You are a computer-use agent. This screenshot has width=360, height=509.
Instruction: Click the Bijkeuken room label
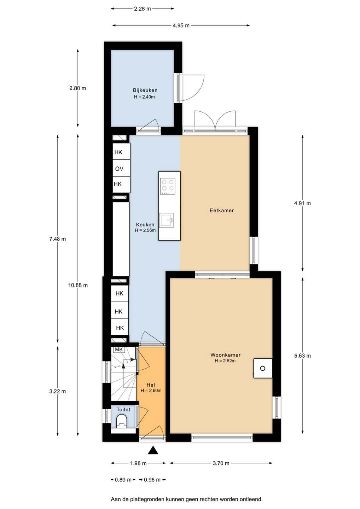click(145, 90)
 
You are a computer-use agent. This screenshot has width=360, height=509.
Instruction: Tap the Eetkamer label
click(222, 210)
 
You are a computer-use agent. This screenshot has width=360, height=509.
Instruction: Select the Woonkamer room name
click(225, 355)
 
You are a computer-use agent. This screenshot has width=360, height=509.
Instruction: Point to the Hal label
click(151, 385)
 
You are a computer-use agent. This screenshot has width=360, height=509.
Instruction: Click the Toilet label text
click(123, 409)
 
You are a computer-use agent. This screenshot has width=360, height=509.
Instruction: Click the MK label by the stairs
click(118, 350)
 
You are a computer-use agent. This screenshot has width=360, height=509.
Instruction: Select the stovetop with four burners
click(168, 186)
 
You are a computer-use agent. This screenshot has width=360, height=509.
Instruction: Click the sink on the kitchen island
click(166, 220)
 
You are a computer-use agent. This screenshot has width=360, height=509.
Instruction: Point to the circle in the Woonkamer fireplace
click(262, 368)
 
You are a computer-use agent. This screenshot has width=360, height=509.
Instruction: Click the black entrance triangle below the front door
click(153, 450)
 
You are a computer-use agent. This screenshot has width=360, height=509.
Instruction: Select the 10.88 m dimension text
click(78, 285)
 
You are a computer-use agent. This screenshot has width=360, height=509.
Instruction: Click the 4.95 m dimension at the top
click(181, 25)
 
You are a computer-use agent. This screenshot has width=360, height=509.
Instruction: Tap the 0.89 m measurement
click(123, 480)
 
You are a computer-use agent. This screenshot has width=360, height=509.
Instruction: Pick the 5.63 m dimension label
click(302, 356)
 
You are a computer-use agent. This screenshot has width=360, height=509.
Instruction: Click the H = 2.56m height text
click(145, 230)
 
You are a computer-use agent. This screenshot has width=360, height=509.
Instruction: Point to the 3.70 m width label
click(221, 463)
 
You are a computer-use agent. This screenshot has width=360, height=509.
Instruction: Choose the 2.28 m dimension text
click(142, 9)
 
